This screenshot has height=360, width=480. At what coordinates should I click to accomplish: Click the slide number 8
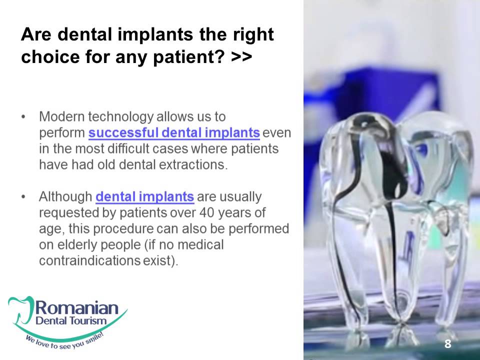click(447, 343)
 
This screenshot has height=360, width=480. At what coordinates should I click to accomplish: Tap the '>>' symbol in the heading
click(241, 57)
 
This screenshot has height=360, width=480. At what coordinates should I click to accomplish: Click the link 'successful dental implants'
click(174, 133)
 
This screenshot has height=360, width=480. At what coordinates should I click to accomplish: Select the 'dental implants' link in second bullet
click(144, 196)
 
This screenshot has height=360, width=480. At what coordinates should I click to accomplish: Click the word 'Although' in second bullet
click(65, 196)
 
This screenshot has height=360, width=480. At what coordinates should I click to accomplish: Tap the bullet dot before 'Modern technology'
click(23, 117)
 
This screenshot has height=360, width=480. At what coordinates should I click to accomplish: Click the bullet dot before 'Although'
click(23, 196)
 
